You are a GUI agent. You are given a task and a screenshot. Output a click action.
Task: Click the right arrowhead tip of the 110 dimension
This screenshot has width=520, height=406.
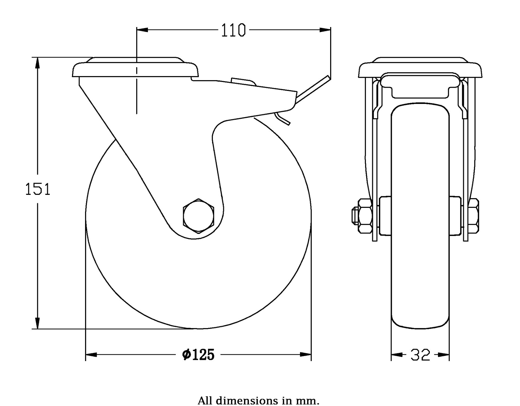tap(330, 30)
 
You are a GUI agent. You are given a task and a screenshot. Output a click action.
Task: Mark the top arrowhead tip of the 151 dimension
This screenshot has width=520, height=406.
tap(38, 57)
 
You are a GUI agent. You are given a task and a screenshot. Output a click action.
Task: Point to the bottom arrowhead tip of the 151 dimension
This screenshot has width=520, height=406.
tap(38, 329)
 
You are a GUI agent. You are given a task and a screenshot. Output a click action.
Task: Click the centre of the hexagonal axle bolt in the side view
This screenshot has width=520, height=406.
tap(199, 216)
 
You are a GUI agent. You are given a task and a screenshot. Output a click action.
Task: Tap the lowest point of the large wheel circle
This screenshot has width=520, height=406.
tap(199, 329)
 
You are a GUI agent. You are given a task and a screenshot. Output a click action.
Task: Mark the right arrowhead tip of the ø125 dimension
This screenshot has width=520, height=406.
tap(311, 354)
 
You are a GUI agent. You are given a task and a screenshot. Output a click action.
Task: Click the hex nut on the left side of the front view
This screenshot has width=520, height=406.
tap(365, 216)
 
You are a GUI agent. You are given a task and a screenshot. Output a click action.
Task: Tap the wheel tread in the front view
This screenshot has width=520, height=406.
tap(420, 216)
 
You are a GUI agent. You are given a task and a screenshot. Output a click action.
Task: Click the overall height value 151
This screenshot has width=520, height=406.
tap(38, 189)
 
